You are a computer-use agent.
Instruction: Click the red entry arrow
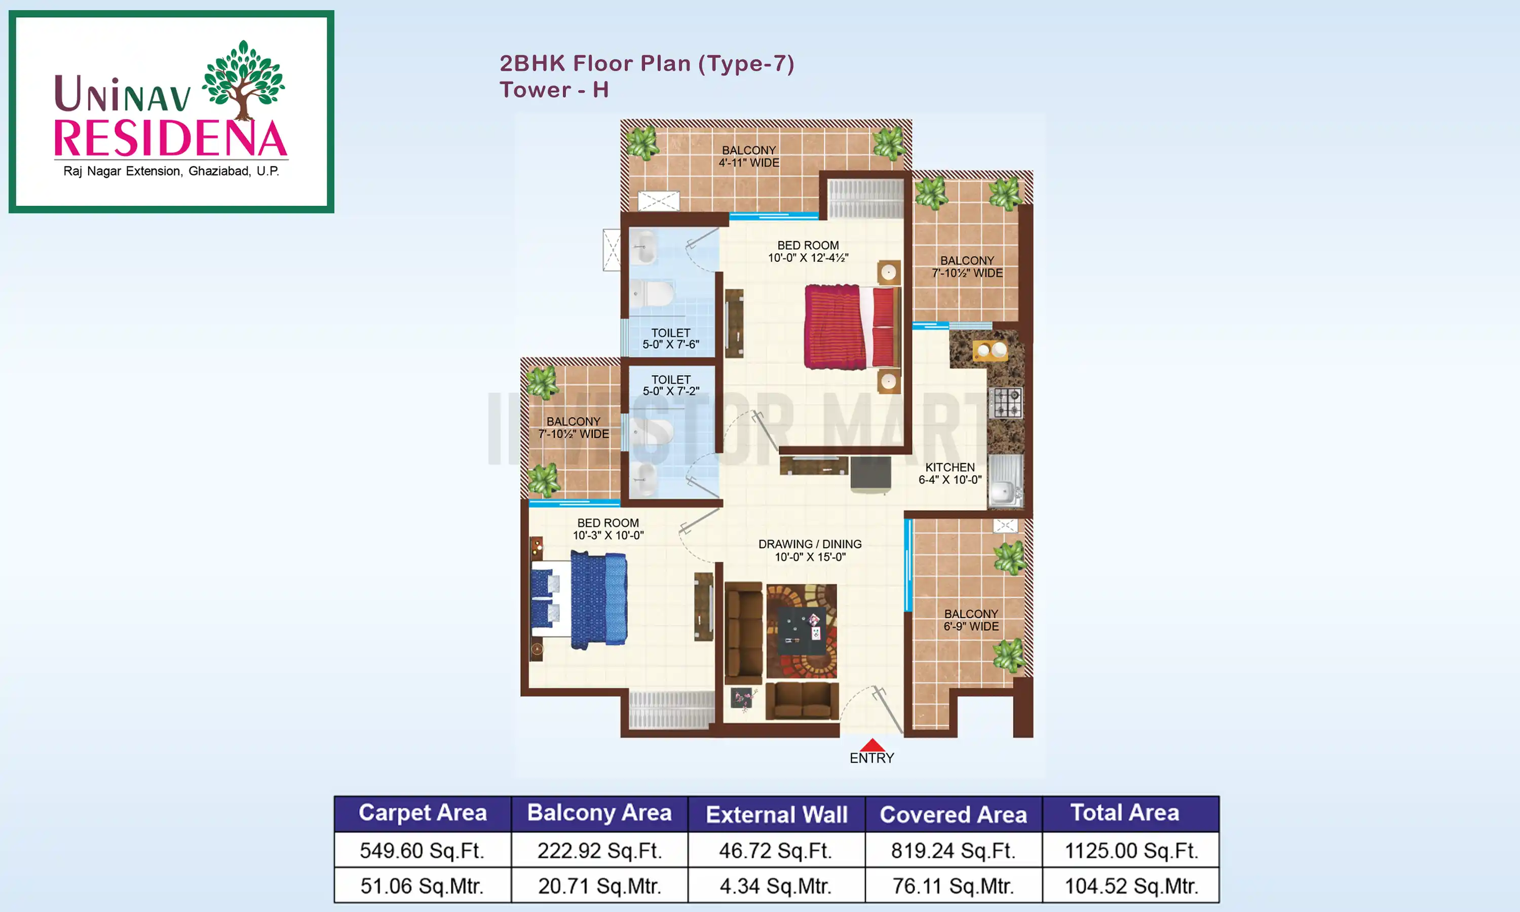click(x=872, y=745)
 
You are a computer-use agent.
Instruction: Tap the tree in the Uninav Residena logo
click(x=244, y=78)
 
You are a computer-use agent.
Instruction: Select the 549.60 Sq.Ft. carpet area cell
click(x=422, y=851)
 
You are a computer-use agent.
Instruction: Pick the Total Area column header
click(x=1124, y=813)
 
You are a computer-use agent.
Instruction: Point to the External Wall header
click(x=777, y=814)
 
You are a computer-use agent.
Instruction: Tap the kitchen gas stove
click(x=1006, y=403)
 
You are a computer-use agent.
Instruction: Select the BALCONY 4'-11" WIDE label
click(x=749, y=156)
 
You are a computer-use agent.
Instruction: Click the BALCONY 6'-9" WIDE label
click(x=971, y=620)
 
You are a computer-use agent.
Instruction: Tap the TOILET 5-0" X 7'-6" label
click(x=670, y=338)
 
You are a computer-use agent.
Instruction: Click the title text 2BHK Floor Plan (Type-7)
click(x=647, y=63)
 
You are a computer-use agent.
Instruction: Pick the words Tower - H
click(x=554, y=90)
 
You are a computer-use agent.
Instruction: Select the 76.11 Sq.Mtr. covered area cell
click(x=953, y=886)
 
